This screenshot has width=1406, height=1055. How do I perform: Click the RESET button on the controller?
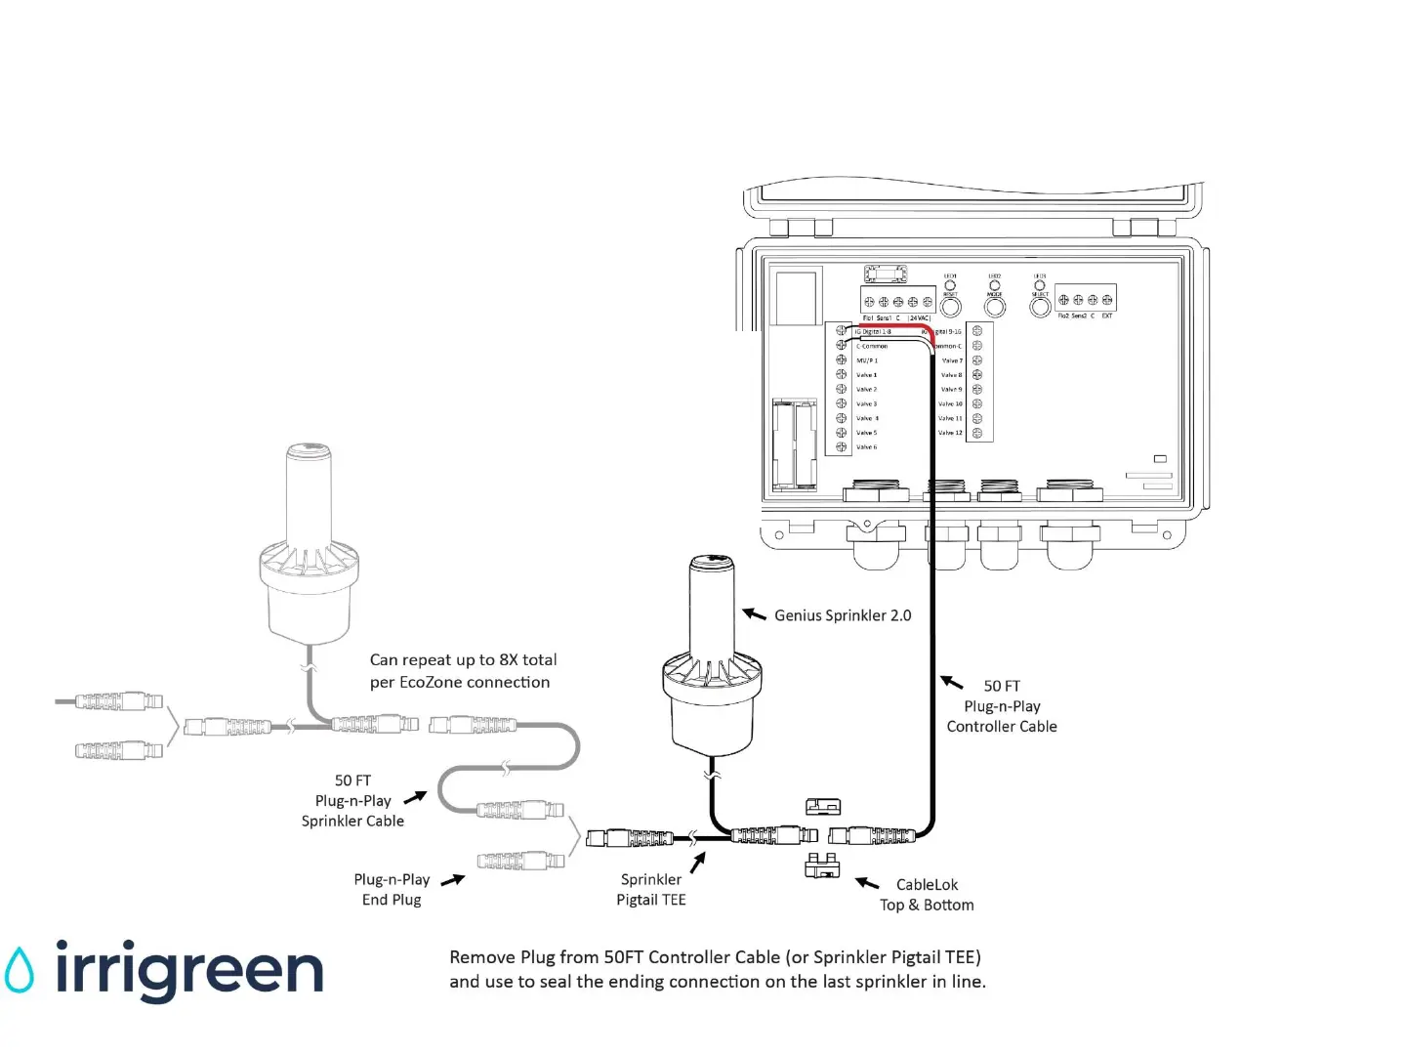pyautogui.click(x=950, y=308)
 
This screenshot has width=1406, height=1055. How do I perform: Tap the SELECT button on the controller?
pyautogui.click(x=1041, y=307)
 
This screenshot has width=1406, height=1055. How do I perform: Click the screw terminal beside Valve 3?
pyautogui.click(x=841, y=403)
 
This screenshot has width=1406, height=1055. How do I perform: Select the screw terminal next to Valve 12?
pyautogui.click(x=976, y=433)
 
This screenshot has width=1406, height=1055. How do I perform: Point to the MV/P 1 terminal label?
pyautogui.click(x=867, y=360)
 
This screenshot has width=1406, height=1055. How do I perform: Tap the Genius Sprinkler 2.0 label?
pyautogui.click(x=843, y=615)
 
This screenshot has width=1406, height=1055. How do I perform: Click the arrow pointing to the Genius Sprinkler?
pyautogui.click(x=754, y=613)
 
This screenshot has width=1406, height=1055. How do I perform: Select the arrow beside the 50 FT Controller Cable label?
pyautogui.click(x=951, y=682)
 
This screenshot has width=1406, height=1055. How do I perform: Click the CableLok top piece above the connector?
pyautogui.click(x=823, y=806)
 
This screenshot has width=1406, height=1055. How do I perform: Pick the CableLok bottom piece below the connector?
pyautogui.click(x=822, y=865)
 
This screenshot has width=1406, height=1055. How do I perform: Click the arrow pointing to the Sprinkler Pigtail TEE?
pyautogui.click(x=697, y=864)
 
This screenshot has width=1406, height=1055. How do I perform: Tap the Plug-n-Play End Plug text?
pyautogui.click(x=392, y=889)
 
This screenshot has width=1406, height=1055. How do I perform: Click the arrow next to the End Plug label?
pyautogui.click(x=452, y=880)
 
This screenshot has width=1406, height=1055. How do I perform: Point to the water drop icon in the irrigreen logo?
pyautogui.click(x=19, y=970)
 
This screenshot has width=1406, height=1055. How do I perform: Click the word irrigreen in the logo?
pyautogui.click(x=188, y=970)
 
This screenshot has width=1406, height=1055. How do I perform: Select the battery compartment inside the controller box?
pyautogui.click(x=794, y=443)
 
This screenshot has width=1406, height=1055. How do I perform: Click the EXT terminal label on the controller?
pyautogui.click(x=1107, y=316)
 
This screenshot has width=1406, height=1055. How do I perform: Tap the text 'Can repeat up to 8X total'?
pyautogui.click(x=463, y=659)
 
